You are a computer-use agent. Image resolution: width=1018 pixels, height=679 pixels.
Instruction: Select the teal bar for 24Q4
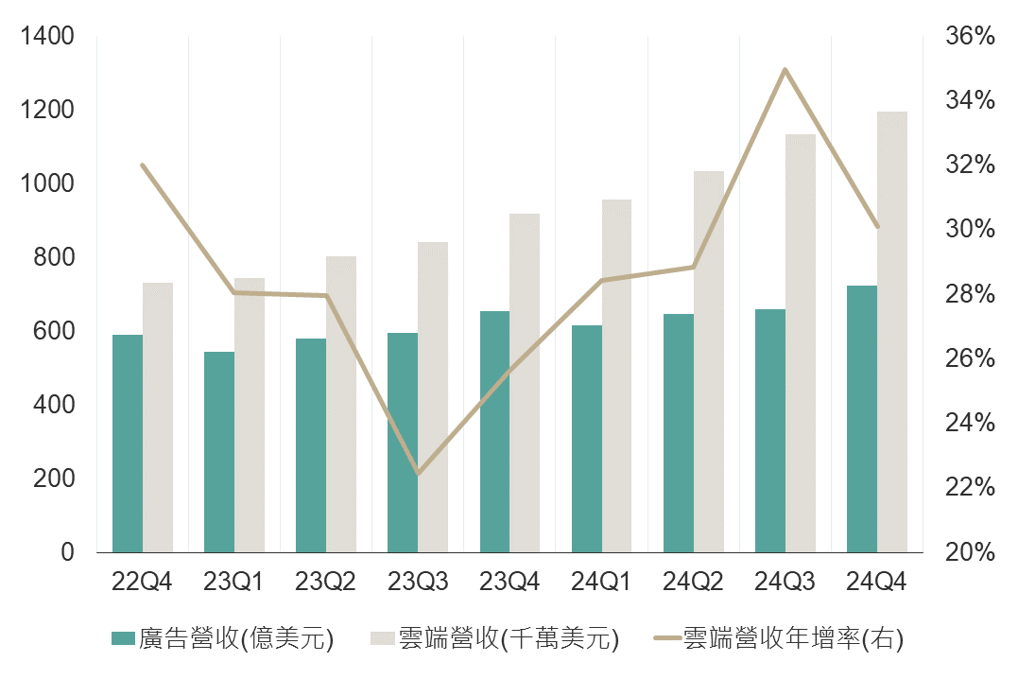click(x=862, y=418)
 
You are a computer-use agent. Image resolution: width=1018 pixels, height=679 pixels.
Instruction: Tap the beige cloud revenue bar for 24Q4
click(x=892, y=331)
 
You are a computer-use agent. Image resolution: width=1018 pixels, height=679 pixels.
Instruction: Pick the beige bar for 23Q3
click(x=433, y=396)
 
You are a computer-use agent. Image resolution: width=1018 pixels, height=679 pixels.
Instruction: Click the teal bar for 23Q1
click(x=219, y=451)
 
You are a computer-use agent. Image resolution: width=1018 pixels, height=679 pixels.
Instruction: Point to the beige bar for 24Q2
click(x=709, y=361)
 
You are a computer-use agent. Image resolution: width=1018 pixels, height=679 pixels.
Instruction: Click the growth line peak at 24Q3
click(x=785, y=70)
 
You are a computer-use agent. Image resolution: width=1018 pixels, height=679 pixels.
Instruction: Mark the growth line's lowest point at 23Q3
click(x=418, y=473)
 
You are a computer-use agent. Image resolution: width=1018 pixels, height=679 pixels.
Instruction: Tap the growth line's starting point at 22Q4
click(x=143, y=165)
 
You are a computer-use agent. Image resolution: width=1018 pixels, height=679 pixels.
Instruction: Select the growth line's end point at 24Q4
click(x=877, y=226)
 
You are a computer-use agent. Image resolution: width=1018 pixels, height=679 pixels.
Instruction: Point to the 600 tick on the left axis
click(x=54, y=331)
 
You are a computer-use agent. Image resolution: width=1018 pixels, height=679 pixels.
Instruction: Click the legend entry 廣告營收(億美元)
click(x=222, y=638)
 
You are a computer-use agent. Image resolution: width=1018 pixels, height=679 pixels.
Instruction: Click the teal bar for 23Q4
click(x=494, y=431)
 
